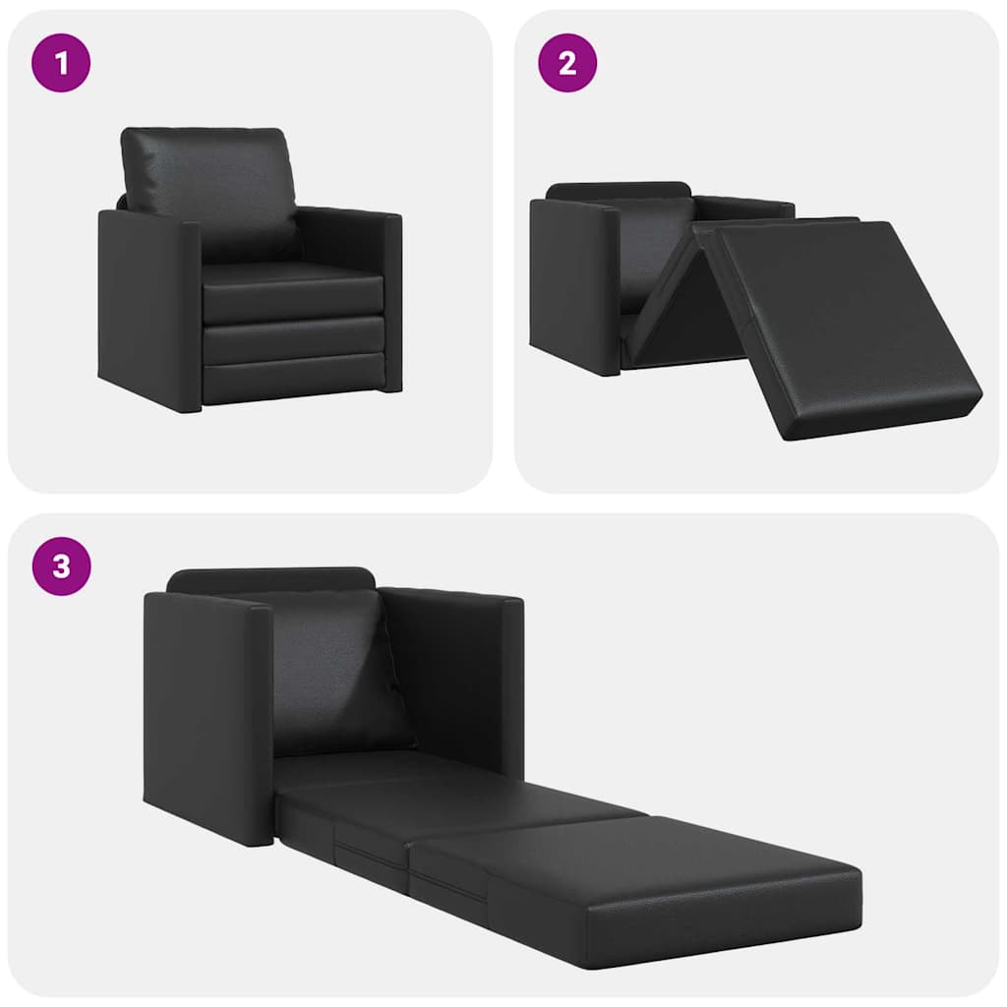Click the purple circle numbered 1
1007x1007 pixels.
[61, 63]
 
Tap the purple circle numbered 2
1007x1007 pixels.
[567, 63]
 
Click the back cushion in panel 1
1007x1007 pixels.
[208, 177]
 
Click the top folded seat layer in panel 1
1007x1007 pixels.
[292, 295]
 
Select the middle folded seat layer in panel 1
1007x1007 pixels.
[292, 339]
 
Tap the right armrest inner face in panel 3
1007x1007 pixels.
[447, 679]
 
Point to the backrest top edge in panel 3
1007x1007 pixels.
[270, 577]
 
